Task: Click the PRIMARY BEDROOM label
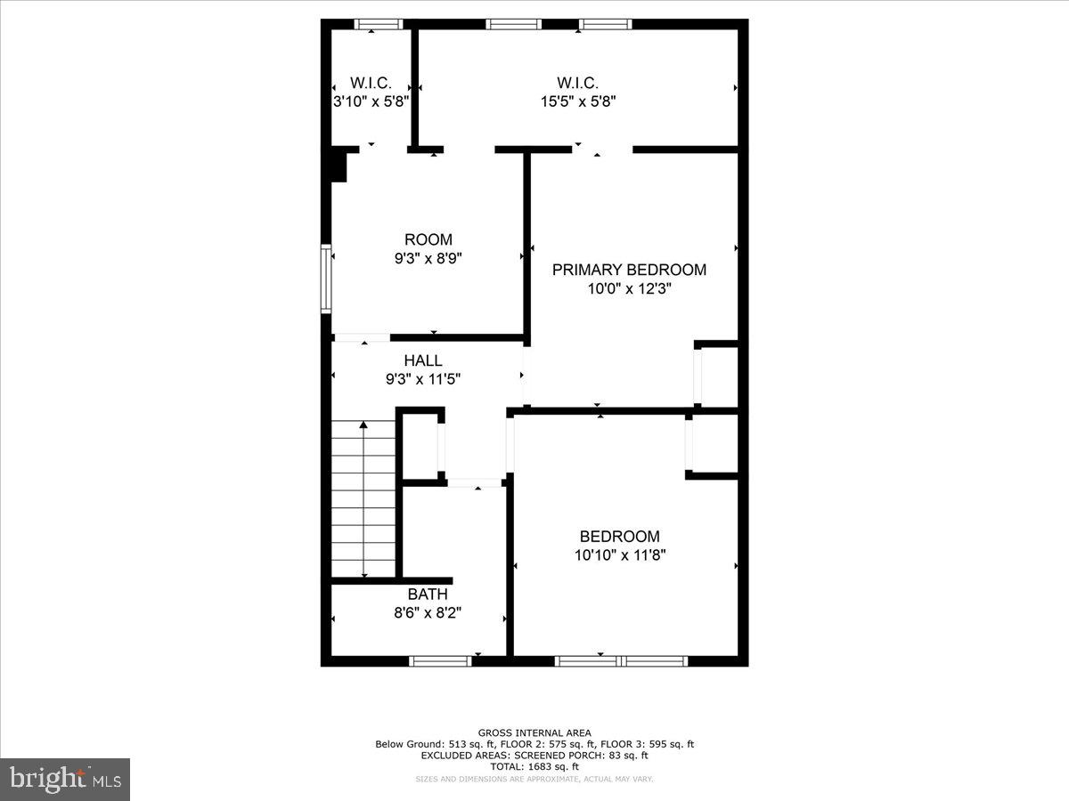629,270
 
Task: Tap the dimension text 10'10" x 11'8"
620,554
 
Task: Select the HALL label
422,360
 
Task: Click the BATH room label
428,594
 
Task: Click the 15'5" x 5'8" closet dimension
578,101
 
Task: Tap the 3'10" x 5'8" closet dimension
371,101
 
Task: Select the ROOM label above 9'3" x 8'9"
428,239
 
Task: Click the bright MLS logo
65,779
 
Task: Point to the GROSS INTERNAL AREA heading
534,733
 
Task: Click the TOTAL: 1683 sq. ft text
534,766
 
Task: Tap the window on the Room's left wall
326,278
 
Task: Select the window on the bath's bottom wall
440,660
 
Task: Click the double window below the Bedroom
621,660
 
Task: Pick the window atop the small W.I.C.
378,24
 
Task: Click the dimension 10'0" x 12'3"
629,288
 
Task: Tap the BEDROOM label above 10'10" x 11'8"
619,536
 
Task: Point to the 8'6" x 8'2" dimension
428,612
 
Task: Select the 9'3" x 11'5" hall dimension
422,379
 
